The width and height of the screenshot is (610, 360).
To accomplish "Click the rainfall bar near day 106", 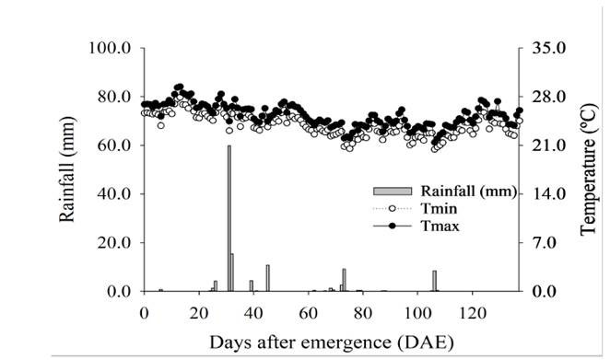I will point(434,281).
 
